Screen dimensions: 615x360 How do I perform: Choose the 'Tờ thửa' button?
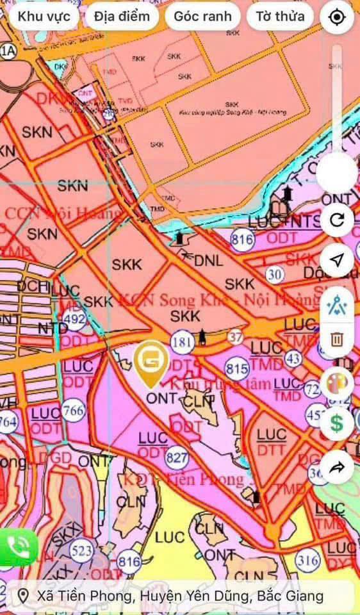point(280,17)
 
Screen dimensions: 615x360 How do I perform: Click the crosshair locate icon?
point(337,17)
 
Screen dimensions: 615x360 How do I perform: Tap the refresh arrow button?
point(337,221)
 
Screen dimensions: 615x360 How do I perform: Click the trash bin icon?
point(337,340)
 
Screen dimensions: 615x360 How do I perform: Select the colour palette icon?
point(337,384)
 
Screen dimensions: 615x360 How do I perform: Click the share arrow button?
point(337,468)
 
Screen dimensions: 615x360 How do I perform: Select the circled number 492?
point(75,318)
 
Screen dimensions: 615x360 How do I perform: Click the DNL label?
point(208,261)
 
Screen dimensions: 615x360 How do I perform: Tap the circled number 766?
point(74,410)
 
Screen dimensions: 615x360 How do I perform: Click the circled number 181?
point(182,342)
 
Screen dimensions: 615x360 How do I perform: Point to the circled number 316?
point(308,561)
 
